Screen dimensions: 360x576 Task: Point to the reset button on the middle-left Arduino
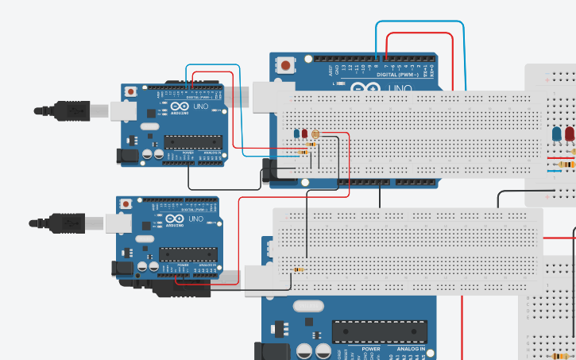coord(126,204)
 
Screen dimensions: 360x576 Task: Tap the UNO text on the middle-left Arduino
coord(194,219)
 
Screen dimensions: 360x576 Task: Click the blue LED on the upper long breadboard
coord(296,134)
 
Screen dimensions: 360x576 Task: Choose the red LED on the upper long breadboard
coord(305,134)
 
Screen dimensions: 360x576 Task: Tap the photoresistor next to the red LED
coord(315,135)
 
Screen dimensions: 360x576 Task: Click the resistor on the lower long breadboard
coord(298,269)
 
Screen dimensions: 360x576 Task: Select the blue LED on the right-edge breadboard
coord(558,133)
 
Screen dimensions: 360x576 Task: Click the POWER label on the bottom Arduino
coord(370,349)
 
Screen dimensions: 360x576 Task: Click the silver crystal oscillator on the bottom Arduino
coord(307,305)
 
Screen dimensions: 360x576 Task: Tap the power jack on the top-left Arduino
coord(130,156)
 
